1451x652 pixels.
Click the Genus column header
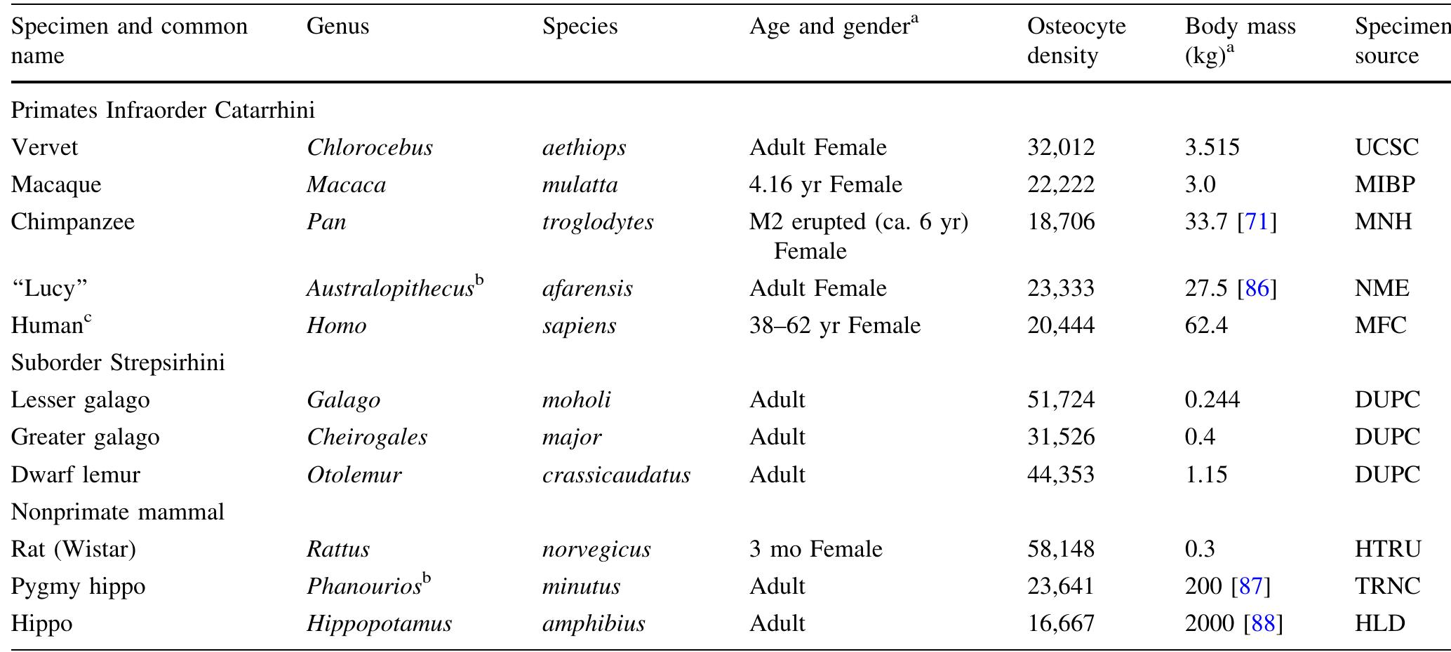[x=337, y=27]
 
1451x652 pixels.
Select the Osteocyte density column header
[x=1076, y=41]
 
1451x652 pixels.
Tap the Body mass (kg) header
[x=1240, y=41]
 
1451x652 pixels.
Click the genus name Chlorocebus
[x=370, y=148]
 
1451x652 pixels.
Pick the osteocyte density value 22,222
[x=1060, y=185]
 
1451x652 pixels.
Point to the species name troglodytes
[x=597, y=222]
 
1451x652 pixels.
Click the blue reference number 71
[x=1257, y=222]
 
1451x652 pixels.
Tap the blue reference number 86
[x=1257, y=289]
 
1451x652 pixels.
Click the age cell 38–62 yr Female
[x=834, y=326]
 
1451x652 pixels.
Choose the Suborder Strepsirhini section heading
[x=118, y=363]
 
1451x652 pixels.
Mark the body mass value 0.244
[x=1212, y=400]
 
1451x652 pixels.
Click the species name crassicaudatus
[x=616, y=475]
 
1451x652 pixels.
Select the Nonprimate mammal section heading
[x=118, y=512]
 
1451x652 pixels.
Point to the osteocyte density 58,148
[x=1060, y=549]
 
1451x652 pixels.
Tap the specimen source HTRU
[x=1387, y=549]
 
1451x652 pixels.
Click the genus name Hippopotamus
[x=379, y=624]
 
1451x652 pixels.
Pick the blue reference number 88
[x=1262, y=624]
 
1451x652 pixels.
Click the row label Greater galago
[x=85, y=437]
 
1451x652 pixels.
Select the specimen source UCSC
[x=1386, y=148]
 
